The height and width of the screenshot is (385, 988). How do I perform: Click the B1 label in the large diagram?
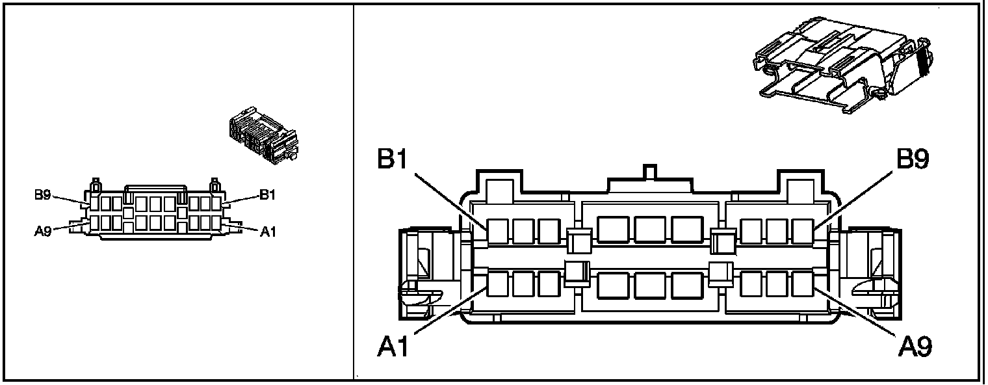click(x=393, y=160)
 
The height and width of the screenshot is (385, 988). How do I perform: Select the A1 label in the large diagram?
click(x=393, y=347)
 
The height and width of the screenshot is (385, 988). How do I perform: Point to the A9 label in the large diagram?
click(x=915, y=347)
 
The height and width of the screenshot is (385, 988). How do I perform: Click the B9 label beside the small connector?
click(x=43, y=194)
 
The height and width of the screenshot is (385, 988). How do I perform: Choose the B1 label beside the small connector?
click(x=268, y=194)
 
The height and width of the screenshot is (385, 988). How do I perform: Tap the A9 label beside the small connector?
click(x=43, y=230)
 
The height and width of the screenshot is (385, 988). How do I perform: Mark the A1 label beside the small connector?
click(x=268, y=231)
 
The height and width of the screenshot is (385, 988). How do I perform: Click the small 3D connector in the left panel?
click(x=263, y=135)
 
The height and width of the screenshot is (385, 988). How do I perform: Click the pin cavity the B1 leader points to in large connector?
click(x=498, y=232)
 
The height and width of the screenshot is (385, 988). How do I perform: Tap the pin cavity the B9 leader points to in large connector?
click(x=803, y=232)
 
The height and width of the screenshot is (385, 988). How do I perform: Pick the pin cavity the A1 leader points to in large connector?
click(x=498, y=284)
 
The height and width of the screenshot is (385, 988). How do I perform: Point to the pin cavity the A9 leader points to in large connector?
click(x=803, y=284)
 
